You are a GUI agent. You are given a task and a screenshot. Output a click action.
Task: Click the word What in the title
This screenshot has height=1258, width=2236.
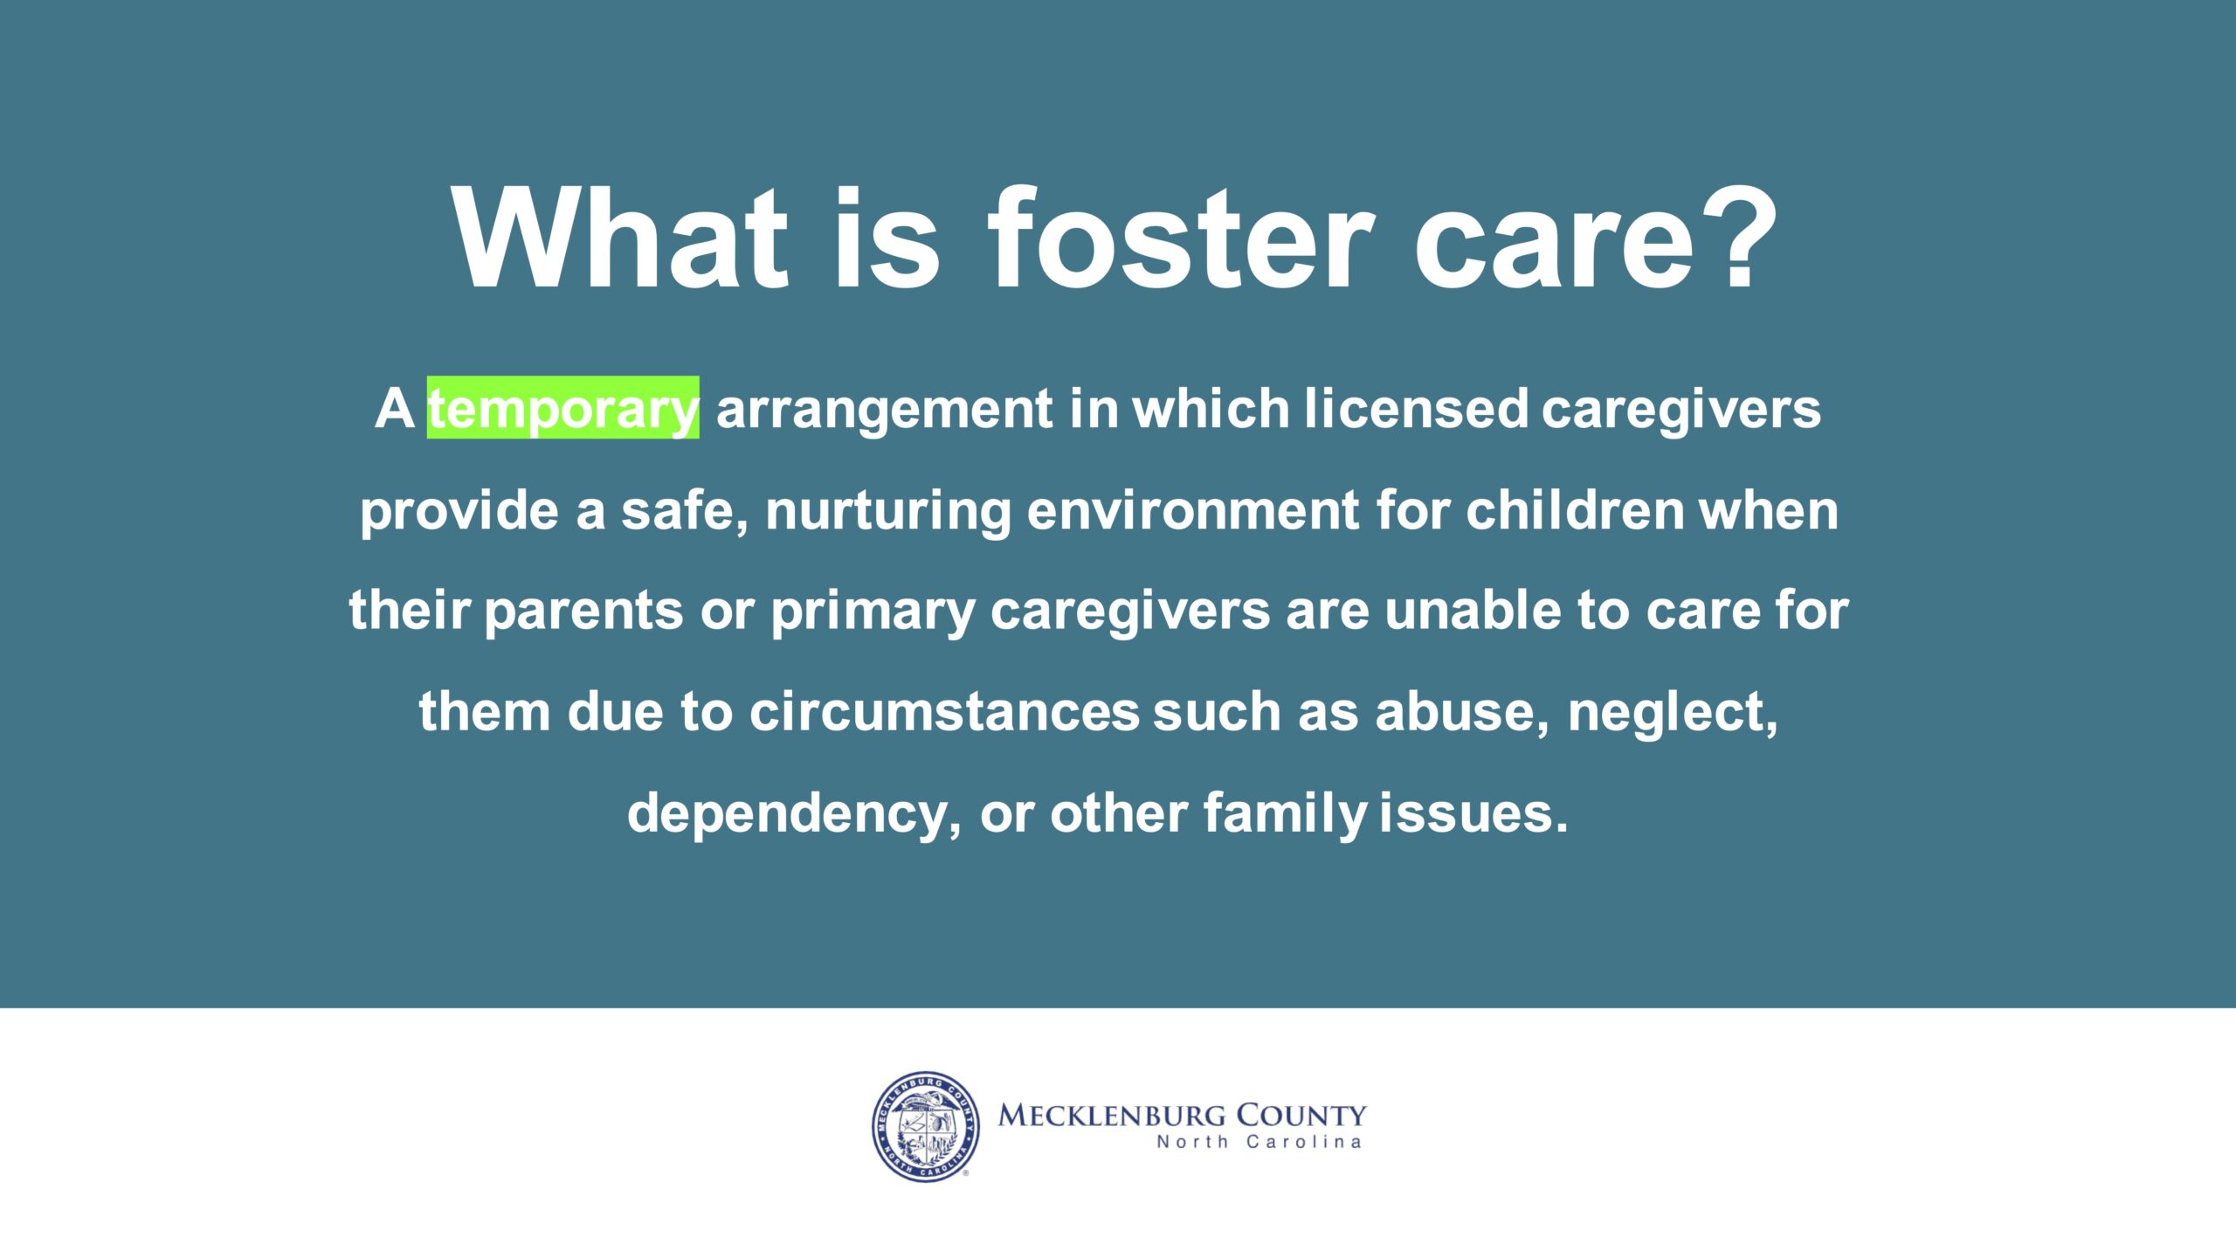coord(621,238)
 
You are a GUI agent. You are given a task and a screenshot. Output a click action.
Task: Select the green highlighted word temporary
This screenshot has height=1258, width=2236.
coord(562,408)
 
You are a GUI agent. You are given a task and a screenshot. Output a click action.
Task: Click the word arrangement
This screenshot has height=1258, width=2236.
coord(884,409)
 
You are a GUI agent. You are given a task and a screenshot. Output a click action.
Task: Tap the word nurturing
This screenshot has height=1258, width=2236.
coord(887,510)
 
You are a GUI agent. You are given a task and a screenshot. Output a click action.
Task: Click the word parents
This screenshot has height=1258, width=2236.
coord(583,611)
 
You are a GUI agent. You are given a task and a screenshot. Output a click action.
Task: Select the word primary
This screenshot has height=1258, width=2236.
coord(873,611)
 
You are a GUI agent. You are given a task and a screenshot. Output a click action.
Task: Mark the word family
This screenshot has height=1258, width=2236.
coord(1285,813)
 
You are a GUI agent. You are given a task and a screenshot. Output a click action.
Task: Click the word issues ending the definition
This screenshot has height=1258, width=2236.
coord(1473,812)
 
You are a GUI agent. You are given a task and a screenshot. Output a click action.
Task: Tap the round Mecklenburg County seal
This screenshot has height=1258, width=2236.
coord(926,1127)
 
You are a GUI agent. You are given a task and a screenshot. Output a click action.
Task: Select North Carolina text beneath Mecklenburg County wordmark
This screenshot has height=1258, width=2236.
coord(1259,1142)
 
